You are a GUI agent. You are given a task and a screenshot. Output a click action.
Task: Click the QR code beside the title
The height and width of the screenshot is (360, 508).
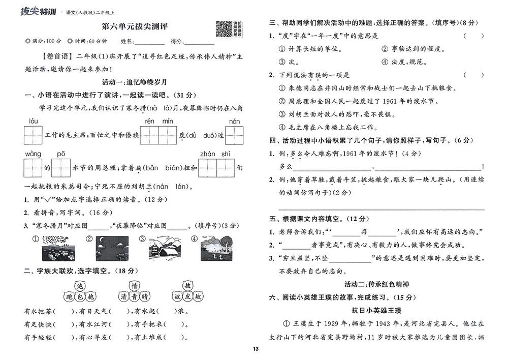point(224,28)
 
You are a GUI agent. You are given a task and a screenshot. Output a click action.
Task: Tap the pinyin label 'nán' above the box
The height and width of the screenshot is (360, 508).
point(234,121)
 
